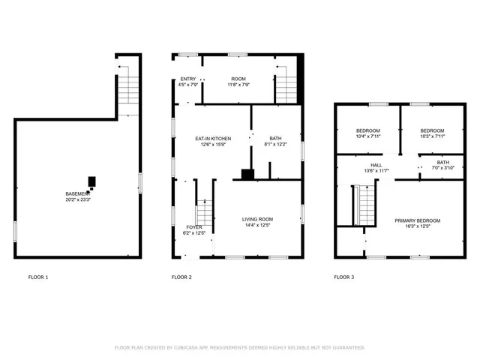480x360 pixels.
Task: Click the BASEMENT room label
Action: (x=77, y=194)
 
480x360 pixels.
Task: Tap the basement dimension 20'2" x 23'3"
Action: (x=77, y=200)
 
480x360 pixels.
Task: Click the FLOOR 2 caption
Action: (x=181, y=277)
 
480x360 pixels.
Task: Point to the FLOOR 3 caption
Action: (x=344, y=277)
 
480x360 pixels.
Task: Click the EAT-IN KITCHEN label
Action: (x=213, y=139)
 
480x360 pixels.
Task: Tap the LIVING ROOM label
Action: (x=256, y=220)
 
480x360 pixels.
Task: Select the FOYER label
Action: (x=193, y=227)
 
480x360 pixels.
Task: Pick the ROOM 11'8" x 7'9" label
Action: (x=238, y=79)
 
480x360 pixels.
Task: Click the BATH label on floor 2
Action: (x=275, y=139)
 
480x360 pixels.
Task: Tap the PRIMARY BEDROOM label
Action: (x=418, y=220)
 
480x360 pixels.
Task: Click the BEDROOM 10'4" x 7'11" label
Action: (x=367, y=130)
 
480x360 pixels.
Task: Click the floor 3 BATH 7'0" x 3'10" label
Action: (x=443, y=163)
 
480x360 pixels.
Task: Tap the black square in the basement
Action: (x=92, y=181)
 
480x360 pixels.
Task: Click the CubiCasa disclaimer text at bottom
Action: (x=240, y=347)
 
